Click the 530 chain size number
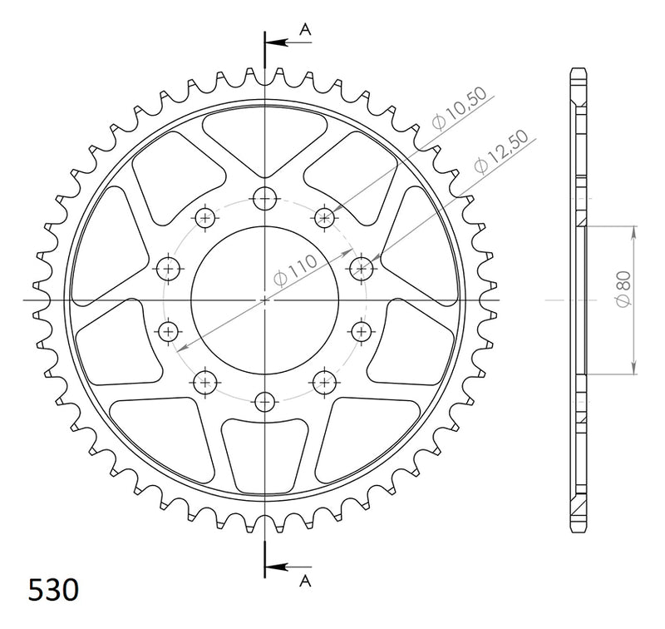[x=53, y=590]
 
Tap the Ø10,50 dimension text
[x=460, y=109]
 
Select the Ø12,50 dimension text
[x=502, y=151]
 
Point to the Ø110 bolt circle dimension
[x=295, y=270]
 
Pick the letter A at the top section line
[x=305, y=29]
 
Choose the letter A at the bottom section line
[x=305, y=581]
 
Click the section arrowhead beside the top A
[x=277, y=42]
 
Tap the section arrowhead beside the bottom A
[x=277, y=567]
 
